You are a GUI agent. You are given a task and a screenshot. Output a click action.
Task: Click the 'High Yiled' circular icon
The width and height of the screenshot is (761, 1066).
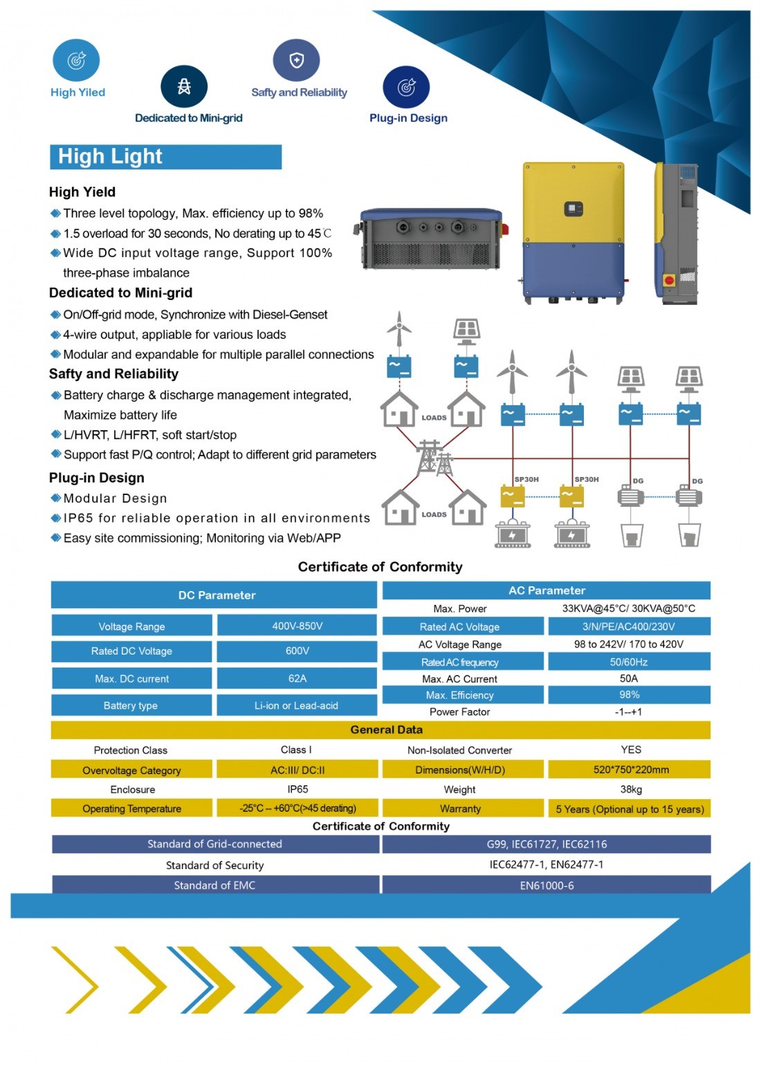click(x=76, y=61)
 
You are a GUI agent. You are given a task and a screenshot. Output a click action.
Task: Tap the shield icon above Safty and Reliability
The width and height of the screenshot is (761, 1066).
click(x=296, y=61)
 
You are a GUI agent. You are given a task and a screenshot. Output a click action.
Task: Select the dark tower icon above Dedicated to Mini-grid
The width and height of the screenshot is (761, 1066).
click(x=184, y=86)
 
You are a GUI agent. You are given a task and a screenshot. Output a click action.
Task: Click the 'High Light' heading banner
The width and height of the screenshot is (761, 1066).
click(x=165, y=157)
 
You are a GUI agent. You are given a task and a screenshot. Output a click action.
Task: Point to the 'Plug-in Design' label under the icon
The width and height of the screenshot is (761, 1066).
click(x=408, y=118)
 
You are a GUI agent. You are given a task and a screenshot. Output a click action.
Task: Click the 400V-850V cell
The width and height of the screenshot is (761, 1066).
click(x=297, y=626)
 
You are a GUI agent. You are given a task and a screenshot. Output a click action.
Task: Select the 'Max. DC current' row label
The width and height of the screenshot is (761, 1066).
click(x=131, y=679)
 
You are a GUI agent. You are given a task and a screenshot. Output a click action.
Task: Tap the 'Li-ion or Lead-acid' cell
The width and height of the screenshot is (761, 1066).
click(x=297, y=706)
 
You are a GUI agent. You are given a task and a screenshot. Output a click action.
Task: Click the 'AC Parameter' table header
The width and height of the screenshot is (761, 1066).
click(x=547, y=590)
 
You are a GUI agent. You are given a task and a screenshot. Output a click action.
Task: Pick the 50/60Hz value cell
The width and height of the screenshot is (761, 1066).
click(x=629, y=662)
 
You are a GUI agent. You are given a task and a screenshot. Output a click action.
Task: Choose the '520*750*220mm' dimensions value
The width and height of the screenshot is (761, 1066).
click(x=630, y=769)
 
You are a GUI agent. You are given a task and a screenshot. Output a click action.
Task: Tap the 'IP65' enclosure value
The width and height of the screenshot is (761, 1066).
click(x=297, y=789)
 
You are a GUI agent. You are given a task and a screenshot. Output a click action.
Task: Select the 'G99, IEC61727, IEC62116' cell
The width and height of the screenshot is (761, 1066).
click(x=547, y=844)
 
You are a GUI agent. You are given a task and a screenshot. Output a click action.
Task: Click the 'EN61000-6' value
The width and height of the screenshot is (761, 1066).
click(x=547, y=886)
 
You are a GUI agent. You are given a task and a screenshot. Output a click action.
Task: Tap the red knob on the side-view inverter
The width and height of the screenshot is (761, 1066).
click(x=668, y=281)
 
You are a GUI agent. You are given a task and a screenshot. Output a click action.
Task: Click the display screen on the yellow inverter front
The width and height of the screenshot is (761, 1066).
click(x=574, y=208)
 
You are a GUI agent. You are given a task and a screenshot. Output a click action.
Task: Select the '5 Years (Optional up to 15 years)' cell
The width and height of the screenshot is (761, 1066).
click(x=630, y=809)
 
